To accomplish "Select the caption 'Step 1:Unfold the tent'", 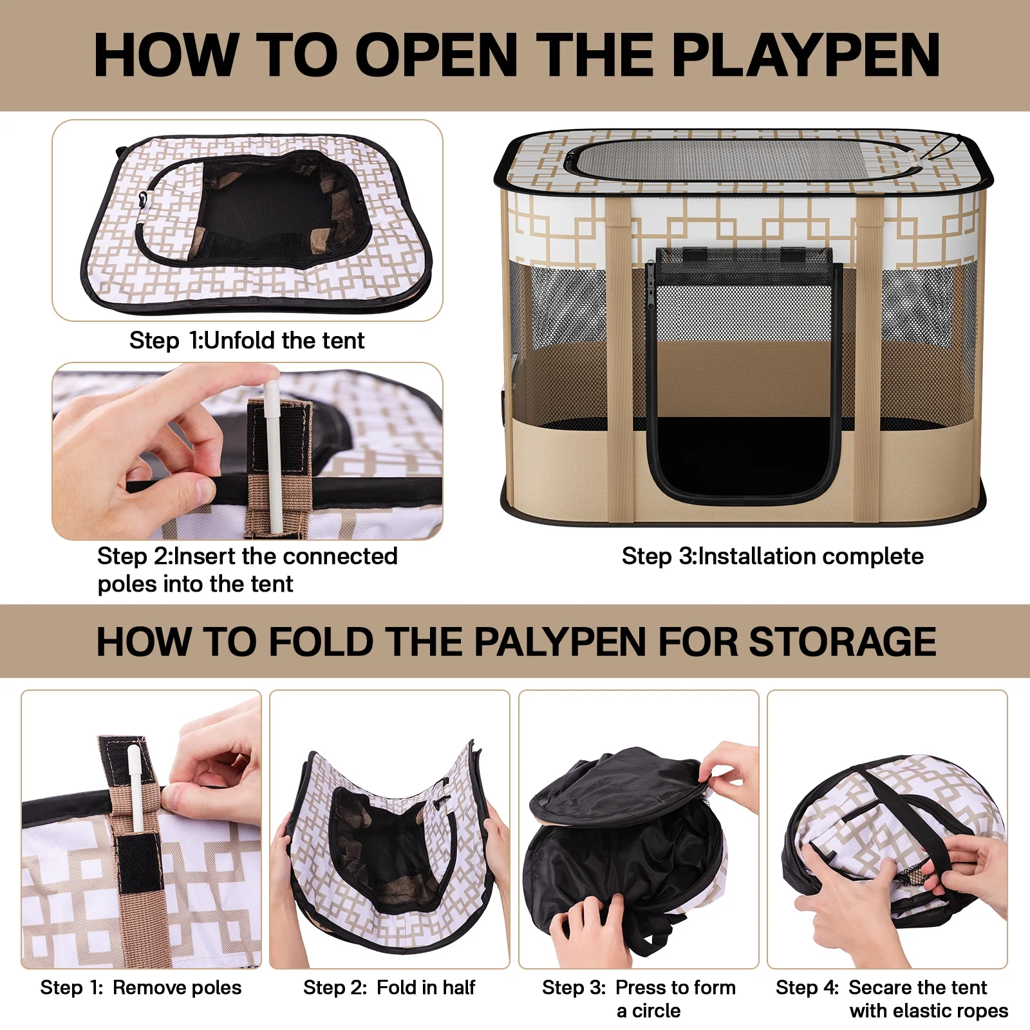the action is pyautogui.click(x=247, y=340).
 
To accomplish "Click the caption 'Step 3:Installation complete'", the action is pyautogui.click(x=772, y=556).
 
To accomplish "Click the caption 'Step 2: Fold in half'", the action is pyautogui.click(x=389, y=987).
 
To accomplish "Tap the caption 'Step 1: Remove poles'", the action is pyautogui.click(x=140, y=987).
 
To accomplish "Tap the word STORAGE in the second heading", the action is pyautogui.click(x=843, y=642).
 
